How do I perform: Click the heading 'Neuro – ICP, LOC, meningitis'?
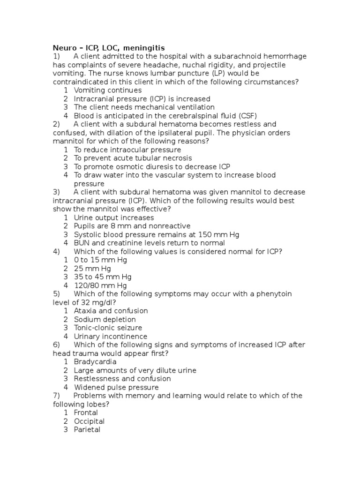pyautogui.click(x=108, y=48)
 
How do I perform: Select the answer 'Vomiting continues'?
pyautogui.click(x=107, y=90)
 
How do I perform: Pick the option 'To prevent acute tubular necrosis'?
pyautogui.click(x=133, y=158)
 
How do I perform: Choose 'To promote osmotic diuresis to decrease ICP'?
pyautogui.click(x=152, y=167)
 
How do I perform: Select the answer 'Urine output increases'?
pyautogui.click(x=113, y=217)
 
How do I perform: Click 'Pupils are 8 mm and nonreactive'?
pyautogui.click(x=132, y=226)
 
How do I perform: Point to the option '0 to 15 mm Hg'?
pyautogui.click(x=100, y=260)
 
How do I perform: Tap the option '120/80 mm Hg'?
pyautogui.click(x=100, y=285)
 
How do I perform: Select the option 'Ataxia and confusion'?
pyautogui.click(x=111, y=311)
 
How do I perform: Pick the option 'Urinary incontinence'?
pyautogui.click(x=110, y=337)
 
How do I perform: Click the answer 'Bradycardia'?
pyautogui.click(x=95, y=362)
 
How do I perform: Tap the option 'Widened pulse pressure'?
pyautogui.click(x=116, y=388)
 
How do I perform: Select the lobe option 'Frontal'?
pyautogui.click(x=86, y=412)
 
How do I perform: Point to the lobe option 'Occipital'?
pyautogui.click(x=89, y=421)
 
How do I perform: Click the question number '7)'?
pyautogui.click(x=57, y=396)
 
